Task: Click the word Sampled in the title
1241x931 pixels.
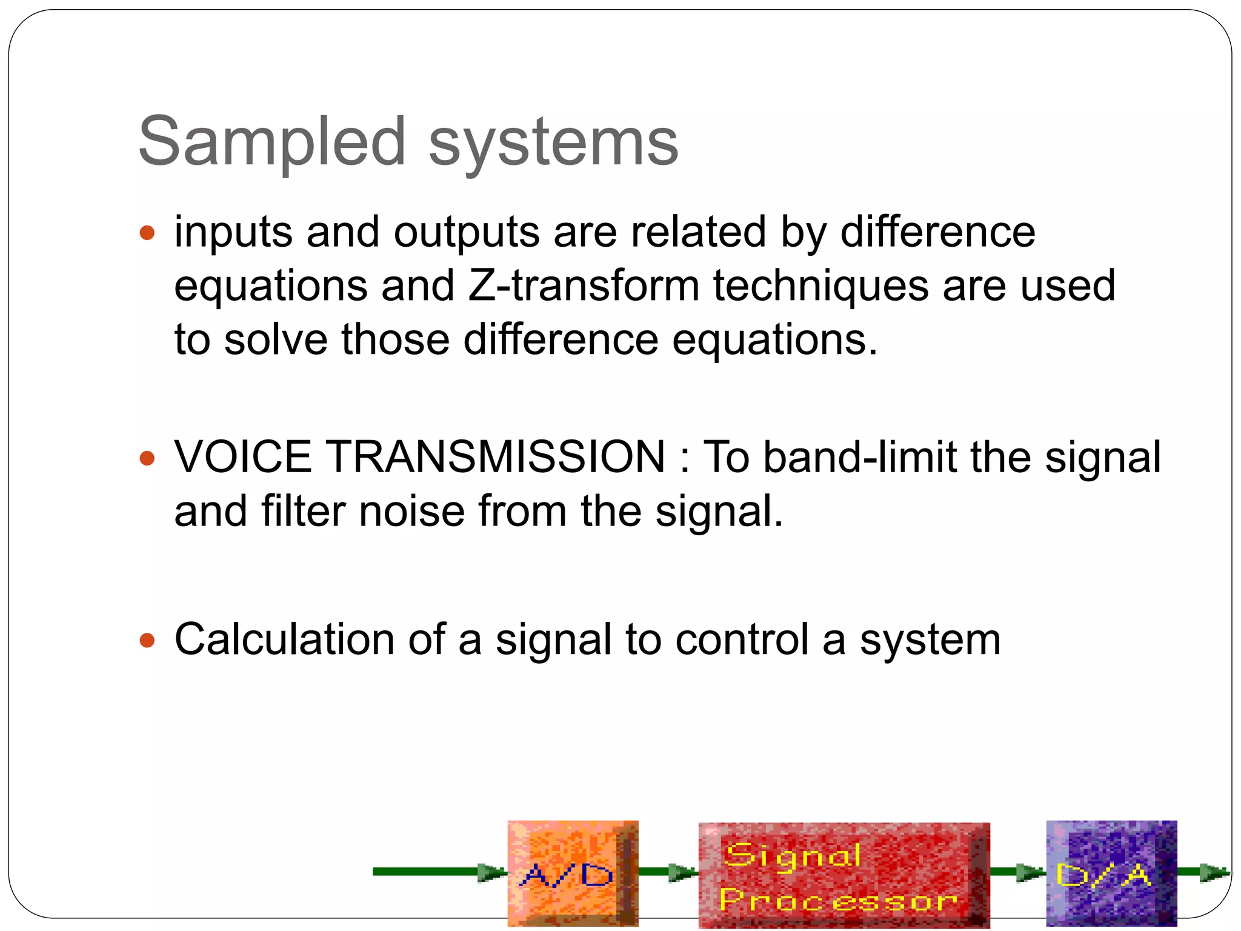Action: point(271,142)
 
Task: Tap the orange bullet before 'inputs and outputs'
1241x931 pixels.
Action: point(147,233)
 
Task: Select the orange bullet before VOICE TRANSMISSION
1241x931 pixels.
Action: point(147,458)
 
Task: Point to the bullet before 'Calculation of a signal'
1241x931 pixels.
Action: point(147,640)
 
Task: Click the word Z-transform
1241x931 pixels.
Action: point(584,285)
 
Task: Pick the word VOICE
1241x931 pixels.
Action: point(242,457)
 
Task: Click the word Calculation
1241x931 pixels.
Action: point(285,639)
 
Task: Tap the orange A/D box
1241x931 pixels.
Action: point(572,873)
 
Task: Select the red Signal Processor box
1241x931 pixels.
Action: point(843,875)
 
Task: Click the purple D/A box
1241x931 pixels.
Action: point(1111,873)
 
